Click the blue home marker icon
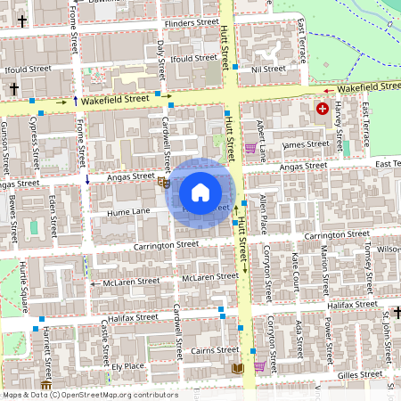click(200, 192)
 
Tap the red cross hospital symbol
click(322, 109)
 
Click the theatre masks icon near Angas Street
click(163, 183)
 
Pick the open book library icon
click(236, 368)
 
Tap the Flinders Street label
click(192, 21)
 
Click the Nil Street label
click(267, 69)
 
